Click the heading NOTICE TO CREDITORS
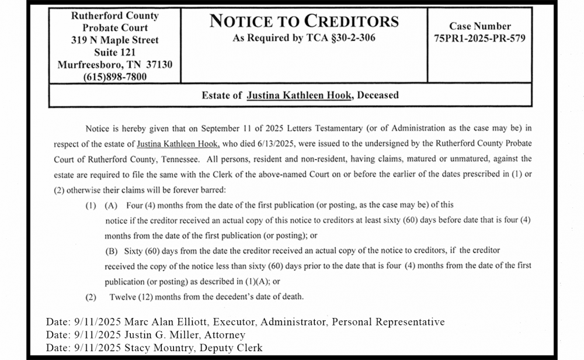[x=304, y=22]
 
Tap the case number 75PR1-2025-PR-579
[x=479, y=39]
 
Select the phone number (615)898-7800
[x=114, y=77]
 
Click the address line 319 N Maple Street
[x=114, y=40]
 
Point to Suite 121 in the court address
[x=114, y=53]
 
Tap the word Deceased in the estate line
[x=377, y=95]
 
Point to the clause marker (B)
[x=111, y=251]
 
